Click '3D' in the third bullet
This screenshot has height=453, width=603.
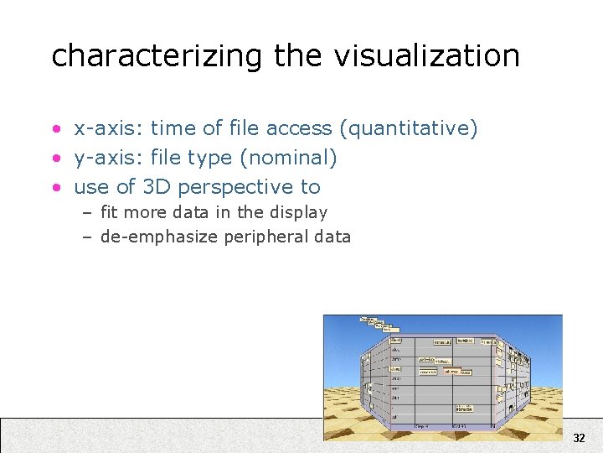pos(156,186)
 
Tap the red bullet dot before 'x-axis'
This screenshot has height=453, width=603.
pos(55,129)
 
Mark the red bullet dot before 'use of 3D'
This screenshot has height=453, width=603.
pos(55,187)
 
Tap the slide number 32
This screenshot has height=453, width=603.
pos(579,438)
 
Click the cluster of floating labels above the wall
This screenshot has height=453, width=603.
pos(376,324)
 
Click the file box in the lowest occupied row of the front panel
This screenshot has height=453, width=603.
pos(464,409)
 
